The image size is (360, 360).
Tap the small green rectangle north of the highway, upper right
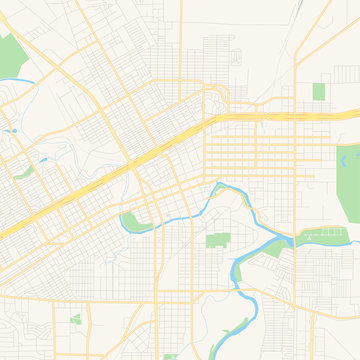[x=319, y=92]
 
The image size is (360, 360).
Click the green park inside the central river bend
[x=132, y=221]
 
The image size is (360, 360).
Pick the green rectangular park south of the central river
[x=218, y=240]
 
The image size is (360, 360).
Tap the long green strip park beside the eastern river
[x=325, y=238]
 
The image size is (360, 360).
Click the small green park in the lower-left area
[x=76, y=320]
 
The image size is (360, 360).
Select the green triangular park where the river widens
[x=272, y=250]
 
